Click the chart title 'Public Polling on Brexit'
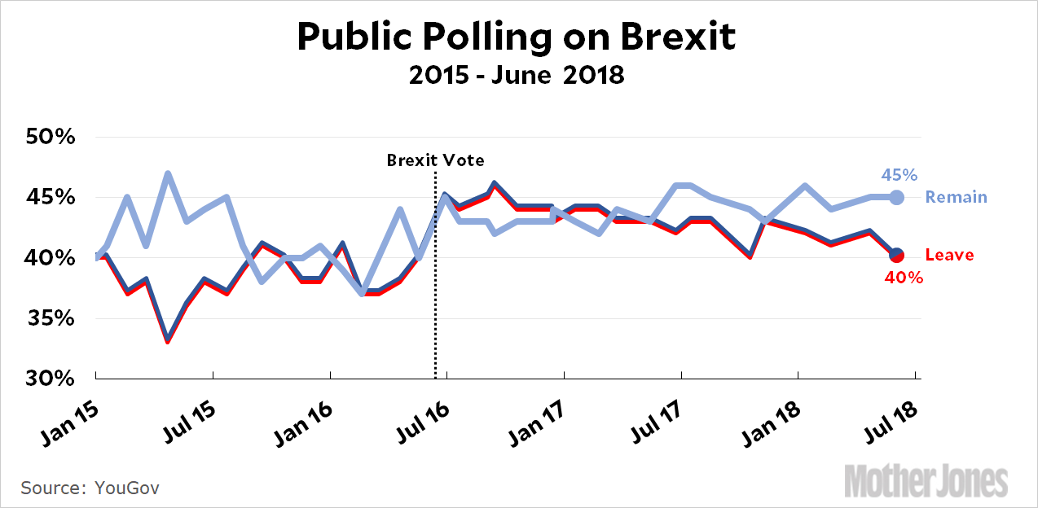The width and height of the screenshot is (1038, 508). pos(516,36)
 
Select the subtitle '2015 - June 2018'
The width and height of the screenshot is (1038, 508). pos(517,76)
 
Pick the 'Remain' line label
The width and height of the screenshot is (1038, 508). pos(956,197)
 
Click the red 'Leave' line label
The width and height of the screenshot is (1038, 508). pos(949,256)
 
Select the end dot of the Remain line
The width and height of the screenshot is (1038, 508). pos(896,197)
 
